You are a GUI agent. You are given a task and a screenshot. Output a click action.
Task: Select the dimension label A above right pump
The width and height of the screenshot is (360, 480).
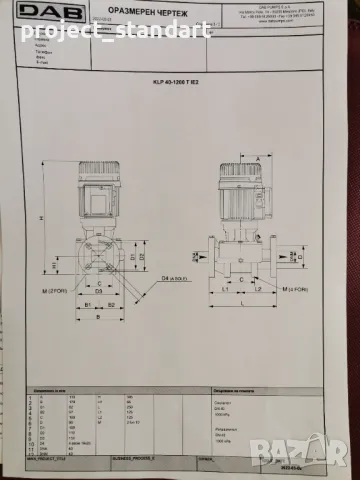pyautogui.click(x=257, y=159)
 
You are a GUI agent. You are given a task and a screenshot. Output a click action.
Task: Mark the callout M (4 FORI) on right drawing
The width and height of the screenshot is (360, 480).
pyautogui.click(x=296, y=288)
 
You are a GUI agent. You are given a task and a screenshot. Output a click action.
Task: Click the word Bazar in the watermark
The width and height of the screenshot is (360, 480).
pyautogui.click(x=326, y=461)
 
